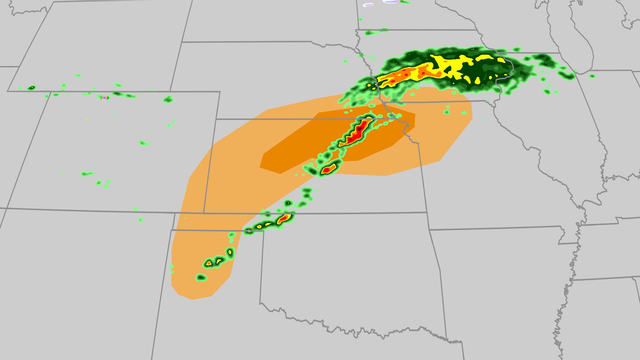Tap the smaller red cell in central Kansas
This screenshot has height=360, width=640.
328,170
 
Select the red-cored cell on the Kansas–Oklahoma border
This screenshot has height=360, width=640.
284,219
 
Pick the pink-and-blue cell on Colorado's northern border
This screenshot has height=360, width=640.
105,98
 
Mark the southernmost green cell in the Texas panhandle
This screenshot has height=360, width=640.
201,277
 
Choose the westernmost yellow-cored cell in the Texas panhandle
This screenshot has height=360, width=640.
209,263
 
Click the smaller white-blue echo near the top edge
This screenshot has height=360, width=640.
368,5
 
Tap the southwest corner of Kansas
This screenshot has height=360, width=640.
204,213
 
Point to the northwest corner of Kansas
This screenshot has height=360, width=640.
217,119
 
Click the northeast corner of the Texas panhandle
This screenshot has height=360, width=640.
263,231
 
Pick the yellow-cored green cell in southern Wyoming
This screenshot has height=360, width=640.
31,88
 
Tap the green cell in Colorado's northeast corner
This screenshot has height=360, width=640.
168,99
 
